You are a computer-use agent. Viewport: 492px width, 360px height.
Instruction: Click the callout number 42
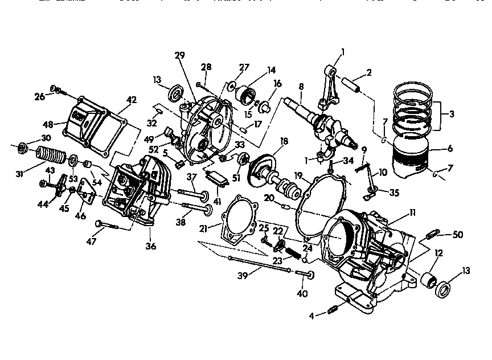132,100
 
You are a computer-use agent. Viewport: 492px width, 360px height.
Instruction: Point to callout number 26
39,96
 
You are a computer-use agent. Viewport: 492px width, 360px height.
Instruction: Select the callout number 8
301,87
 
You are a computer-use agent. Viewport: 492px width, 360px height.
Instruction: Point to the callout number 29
180,55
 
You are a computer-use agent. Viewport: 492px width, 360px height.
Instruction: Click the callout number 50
457,234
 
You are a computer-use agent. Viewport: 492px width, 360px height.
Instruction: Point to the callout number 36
150,247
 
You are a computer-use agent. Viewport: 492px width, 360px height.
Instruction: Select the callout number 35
394,193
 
